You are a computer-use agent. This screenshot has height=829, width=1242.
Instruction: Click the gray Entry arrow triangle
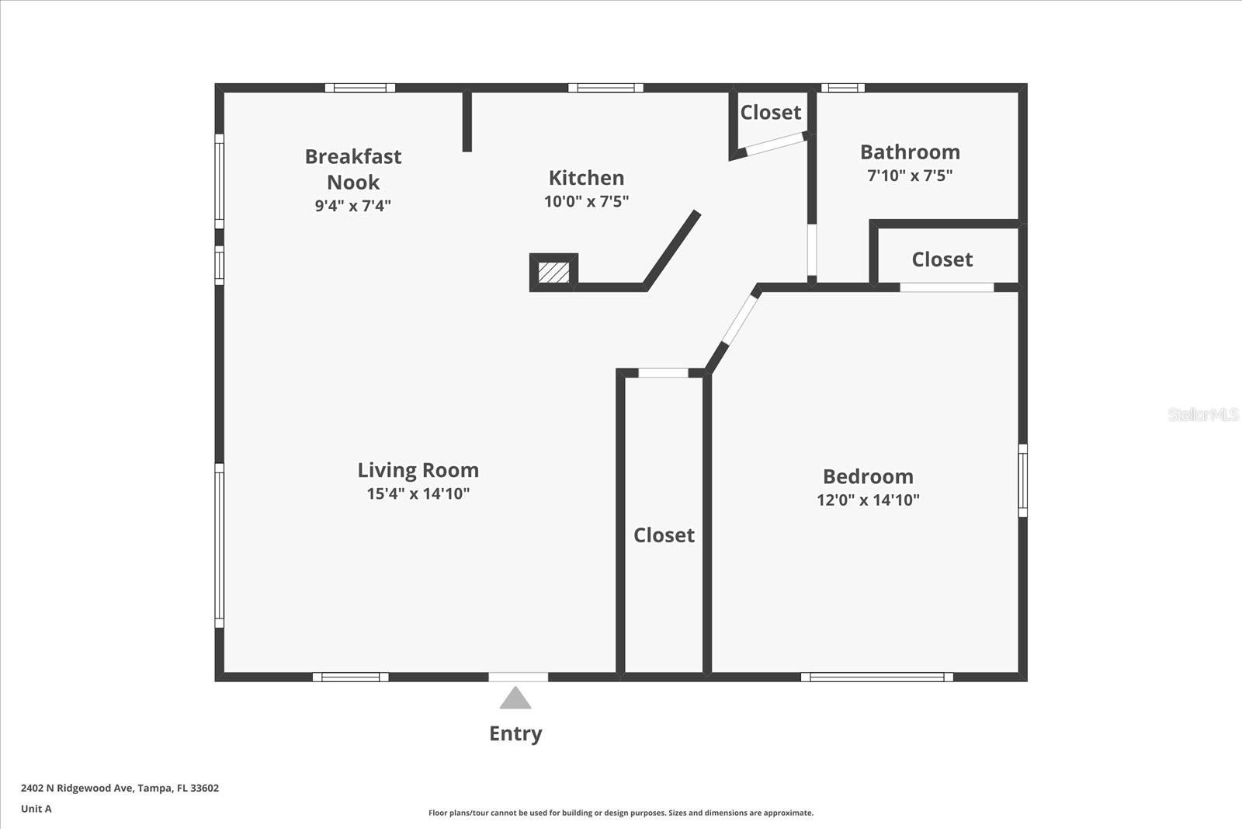coord(515,698)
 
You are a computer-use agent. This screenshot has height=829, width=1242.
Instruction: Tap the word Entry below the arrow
coord(515,733)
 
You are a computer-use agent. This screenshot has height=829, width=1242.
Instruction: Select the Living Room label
coord(418,470)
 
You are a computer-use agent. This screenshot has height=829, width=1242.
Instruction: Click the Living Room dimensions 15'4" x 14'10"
coord(418,493)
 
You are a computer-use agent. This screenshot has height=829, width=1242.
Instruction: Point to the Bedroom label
coord(868,476)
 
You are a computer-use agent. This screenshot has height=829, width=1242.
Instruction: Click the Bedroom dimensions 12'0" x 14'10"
coord(868,500)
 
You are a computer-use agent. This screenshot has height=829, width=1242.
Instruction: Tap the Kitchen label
coord(586,178)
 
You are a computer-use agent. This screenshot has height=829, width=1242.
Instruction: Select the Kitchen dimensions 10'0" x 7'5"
coord(586,201)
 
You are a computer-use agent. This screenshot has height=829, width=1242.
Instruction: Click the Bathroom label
coord(910,152)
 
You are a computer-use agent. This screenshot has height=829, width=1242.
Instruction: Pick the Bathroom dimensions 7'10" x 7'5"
coord(910,176)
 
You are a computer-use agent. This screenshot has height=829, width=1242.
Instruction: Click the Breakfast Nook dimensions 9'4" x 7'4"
coord(352,206)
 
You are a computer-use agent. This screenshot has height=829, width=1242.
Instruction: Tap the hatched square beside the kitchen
coord(553,273)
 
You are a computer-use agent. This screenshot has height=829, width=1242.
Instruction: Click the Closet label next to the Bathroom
coord(770,113)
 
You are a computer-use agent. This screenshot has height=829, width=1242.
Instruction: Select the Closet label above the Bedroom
coord(942,259)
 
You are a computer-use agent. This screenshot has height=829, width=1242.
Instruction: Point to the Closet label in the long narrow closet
coord(664,535)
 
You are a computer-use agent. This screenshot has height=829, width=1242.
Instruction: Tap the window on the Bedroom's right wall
coord(1022,480)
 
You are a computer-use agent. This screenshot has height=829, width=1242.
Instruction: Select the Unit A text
coord(36,809)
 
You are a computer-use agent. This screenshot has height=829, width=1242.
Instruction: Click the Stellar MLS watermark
coord(1203,415)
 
